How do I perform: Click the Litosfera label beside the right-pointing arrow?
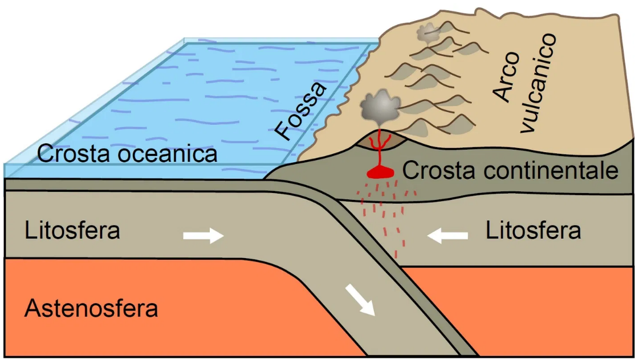[x=72, y=232]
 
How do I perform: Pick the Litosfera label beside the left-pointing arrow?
[x=533, y=231]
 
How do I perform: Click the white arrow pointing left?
[x=447, y=235]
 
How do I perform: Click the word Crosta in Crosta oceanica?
[x=74, y=154]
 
